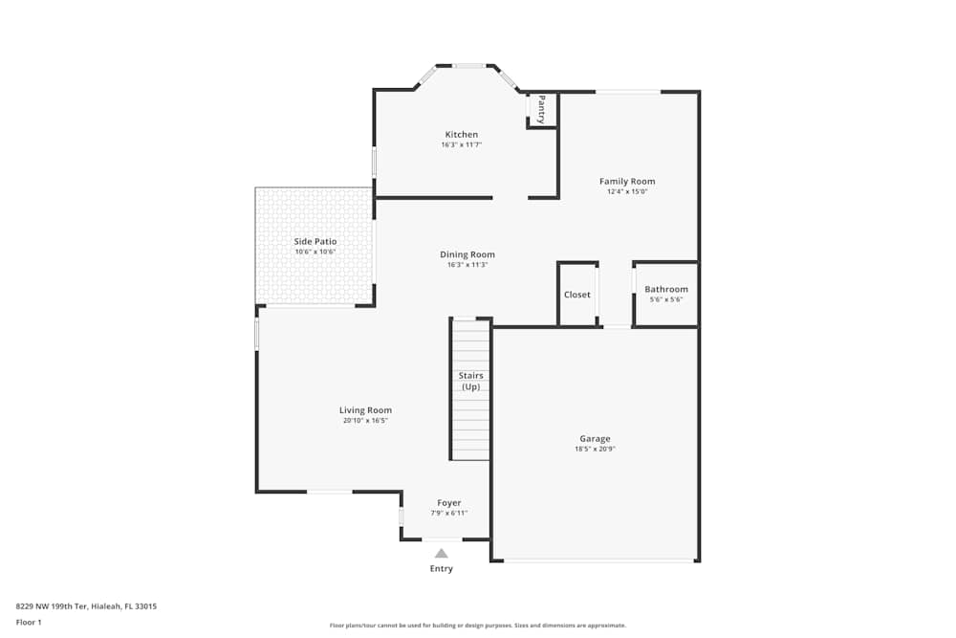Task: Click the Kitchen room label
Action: (x=461, y=135)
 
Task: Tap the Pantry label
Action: (x=541, y=109)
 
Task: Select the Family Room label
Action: (x=627, y=181)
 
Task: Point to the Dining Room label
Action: (x=467, y=254)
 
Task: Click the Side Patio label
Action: (x=315, y=242)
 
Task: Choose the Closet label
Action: (x=577, y=295)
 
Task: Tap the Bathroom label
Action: (x=665, y=289)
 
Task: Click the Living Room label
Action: (x=365, y=410)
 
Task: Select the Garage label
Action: (x=595, y=439)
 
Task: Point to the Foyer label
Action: (x=449, y=503)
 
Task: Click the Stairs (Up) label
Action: (x=471, y=382)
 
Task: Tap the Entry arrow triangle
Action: (x=441, y=553)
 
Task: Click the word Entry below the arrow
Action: (x=441, y=569)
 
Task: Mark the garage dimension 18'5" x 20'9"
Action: (x=595, y=449)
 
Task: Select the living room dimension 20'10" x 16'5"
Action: (x=365, y=420)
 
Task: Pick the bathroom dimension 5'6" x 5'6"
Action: (x=665, y=299)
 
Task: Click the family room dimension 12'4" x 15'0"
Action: (x=627, y=191)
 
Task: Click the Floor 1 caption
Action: (x=29, y=622)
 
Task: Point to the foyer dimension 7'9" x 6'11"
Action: (x=449, y=513)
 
